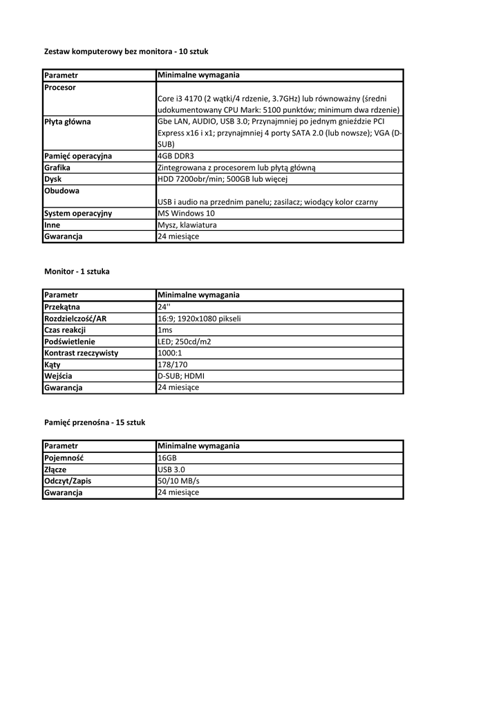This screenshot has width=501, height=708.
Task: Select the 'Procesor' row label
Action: [x=60, y=88]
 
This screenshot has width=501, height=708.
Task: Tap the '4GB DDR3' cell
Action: [x=176, y=156]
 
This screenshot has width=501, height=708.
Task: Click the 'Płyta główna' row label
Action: [x=68, y=122]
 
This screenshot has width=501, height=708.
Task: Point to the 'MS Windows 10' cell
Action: [x=187, y=213]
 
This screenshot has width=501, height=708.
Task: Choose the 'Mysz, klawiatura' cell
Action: [x=188, y=225]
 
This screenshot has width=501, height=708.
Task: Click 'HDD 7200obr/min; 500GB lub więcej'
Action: [x=222, y=179]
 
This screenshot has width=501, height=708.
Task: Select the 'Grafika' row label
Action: [x=57, y=167]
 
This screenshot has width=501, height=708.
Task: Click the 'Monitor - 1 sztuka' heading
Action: [x=77, y=272]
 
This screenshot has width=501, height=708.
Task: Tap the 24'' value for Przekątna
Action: [x=164, y=306]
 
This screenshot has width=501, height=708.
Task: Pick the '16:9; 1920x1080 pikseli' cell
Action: [x=199, y=318]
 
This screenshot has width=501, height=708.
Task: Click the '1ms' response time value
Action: [x=165, y=330]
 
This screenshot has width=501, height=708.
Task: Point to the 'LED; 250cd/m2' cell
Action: [x=185, y=342]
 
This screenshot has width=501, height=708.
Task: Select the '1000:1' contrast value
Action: [x=170, y=353]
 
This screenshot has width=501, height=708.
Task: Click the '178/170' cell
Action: [x=172, y=364]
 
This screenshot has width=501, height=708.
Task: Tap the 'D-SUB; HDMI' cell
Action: [x=181, y=376]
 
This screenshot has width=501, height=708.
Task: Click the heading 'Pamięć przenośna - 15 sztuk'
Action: [x=95, y=422]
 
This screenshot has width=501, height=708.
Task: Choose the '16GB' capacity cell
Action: [x=167, y=458]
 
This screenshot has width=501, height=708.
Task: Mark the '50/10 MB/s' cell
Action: [x=179, y=481]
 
